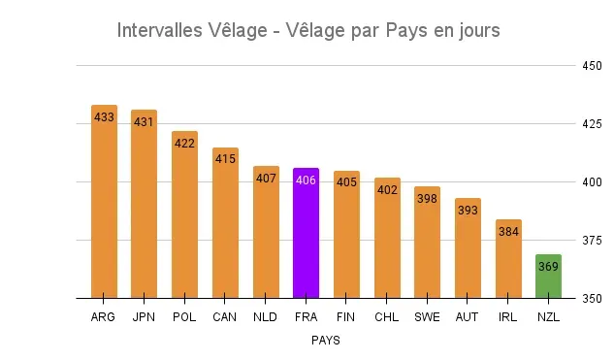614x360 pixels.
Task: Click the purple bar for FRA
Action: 306,233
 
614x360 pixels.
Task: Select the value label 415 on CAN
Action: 225,160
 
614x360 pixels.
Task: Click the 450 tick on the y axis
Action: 592,67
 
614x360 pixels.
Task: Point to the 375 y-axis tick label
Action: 592,241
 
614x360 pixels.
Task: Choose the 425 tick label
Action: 592,124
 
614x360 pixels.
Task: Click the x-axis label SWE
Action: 427,317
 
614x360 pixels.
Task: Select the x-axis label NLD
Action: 265,317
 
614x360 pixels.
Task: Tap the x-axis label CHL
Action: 386,317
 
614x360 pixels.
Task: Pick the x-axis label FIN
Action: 346,317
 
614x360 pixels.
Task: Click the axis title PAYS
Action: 325,341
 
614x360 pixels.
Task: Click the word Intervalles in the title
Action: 163,30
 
